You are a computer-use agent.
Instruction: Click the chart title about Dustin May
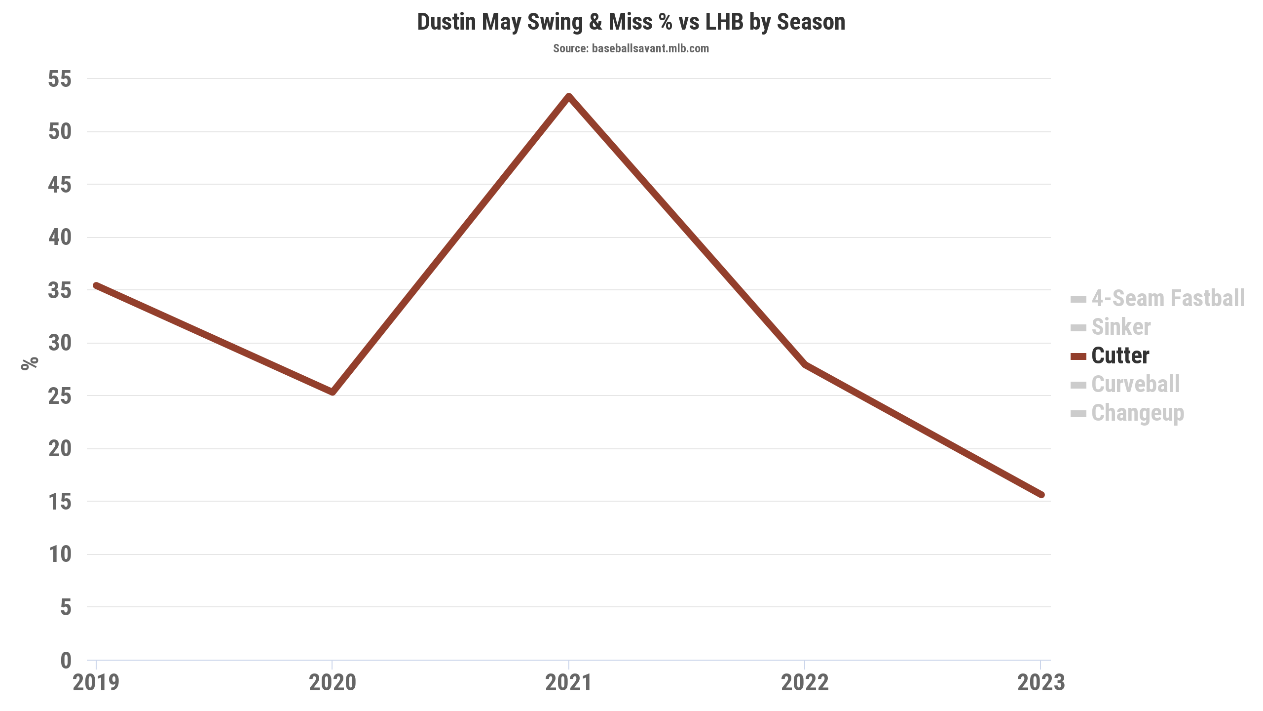click(631, 22)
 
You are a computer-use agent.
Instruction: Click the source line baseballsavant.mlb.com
click(631, 48)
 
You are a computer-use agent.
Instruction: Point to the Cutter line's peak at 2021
click(569, 96)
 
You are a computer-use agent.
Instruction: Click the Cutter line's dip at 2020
click(333, 393)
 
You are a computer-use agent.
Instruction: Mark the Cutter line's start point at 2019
click(97, 285)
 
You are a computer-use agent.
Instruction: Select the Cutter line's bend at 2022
click(805, 364)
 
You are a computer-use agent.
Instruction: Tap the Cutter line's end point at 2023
click(1041, 495)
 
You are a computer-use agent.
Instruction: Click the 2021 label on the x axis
click(568, 683)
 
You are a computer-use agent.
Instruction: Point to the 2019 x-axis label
click(96, 683)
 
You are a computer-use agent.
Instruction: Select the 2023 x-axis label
click(1041, 683)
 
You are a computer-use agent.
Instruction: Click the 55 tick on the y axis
click(60, 79)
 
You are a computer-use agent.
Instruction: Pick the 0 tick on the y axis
click(66, 660)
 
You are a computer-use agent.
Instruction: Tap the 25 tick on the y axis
click(60, 396)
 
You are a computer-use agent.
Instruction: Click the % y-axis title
click(30, 363)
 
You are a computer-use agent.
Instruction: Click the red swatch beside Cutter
click(1078, 356)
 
